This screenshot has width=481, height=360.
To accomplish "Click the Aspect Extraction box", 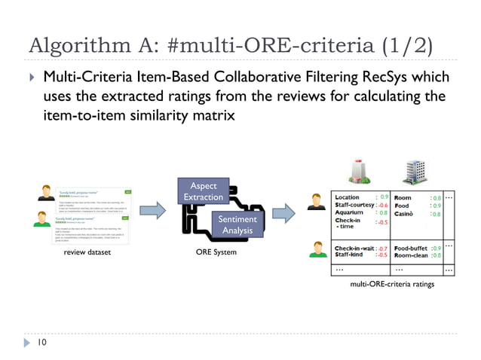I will (201, 191).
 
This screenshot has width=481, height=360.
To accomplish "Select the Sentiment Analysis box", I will (237, 224).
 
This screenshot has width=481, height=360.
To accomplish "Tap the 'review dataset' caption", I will (87, 252).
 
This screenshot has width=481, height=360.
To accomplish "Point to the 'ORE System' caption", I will (215, 252).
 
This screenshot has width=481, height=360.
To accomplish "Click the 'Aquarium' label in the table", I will (349, 213).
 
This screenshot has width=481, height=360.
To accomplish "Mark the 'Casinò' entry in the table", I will (407, 214).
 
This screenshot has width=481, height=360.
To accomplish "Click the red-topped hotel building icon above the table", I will (359, 172).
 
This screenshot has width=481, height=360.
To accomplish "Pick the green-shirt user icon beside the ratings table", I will (317, 249).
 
